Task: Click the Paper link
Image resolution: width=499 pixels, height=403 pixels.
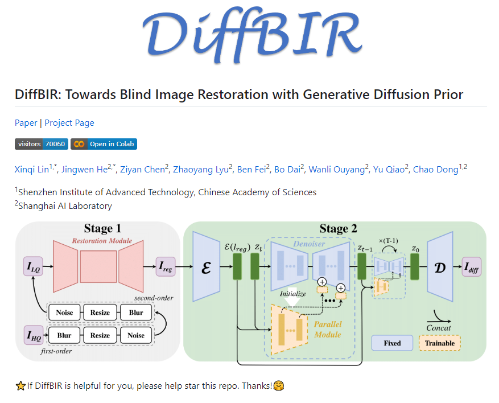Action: click(26, 123)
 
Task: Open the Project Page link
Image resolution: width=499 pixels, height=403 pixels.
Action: click(69, 123)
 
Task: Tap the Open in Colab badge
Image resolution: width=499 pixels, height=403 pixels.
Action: click(104, 144)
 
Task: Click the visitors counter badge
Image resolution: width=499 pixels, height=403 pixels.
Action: click(41, 144)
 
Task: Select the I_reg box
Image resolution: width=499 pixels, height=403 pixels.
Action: click(166, 266)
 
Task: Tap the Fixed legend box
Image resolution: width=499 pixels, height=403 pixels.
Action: click(392, 343)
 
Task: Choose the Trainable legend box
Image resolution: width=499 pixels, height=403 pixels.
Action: click(440, 343)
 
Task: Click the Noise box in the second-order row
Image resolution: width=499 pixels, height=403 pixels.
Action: click(64, 312)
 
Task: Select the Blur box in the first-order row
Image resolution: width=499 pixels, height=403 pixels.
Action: click(64, 335)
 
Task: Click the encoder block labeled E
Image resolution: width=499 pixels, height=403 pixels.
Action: click(206, 266)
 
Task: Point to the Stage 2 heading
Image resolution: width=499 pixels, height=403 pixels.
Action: click(338, 229)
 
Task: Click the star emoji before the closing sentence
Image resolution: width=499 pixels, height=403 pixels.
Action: click(20, 386)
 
